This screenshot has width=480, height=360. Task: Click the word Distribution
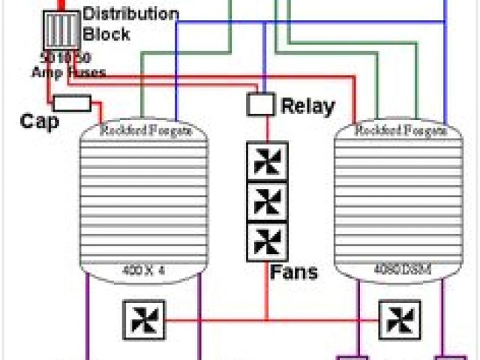point(130,14)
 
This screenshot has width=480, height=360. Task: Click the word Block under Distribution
point(106,34)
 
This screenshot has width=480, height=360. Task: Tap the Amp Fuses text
point(67,72)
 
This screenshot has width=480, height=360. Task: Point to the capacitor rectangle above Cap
point(73,103)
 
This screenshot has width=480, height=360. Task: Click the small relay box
point(260,104)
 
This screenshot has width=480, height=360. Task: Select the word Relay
point(307,106)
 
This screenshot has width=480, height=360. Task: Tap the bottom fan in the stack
point(267,241)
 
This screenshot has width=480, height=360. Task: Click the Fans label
point(294,271)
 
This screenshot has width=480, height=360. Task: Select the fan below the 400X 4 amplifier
point(143,319)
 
